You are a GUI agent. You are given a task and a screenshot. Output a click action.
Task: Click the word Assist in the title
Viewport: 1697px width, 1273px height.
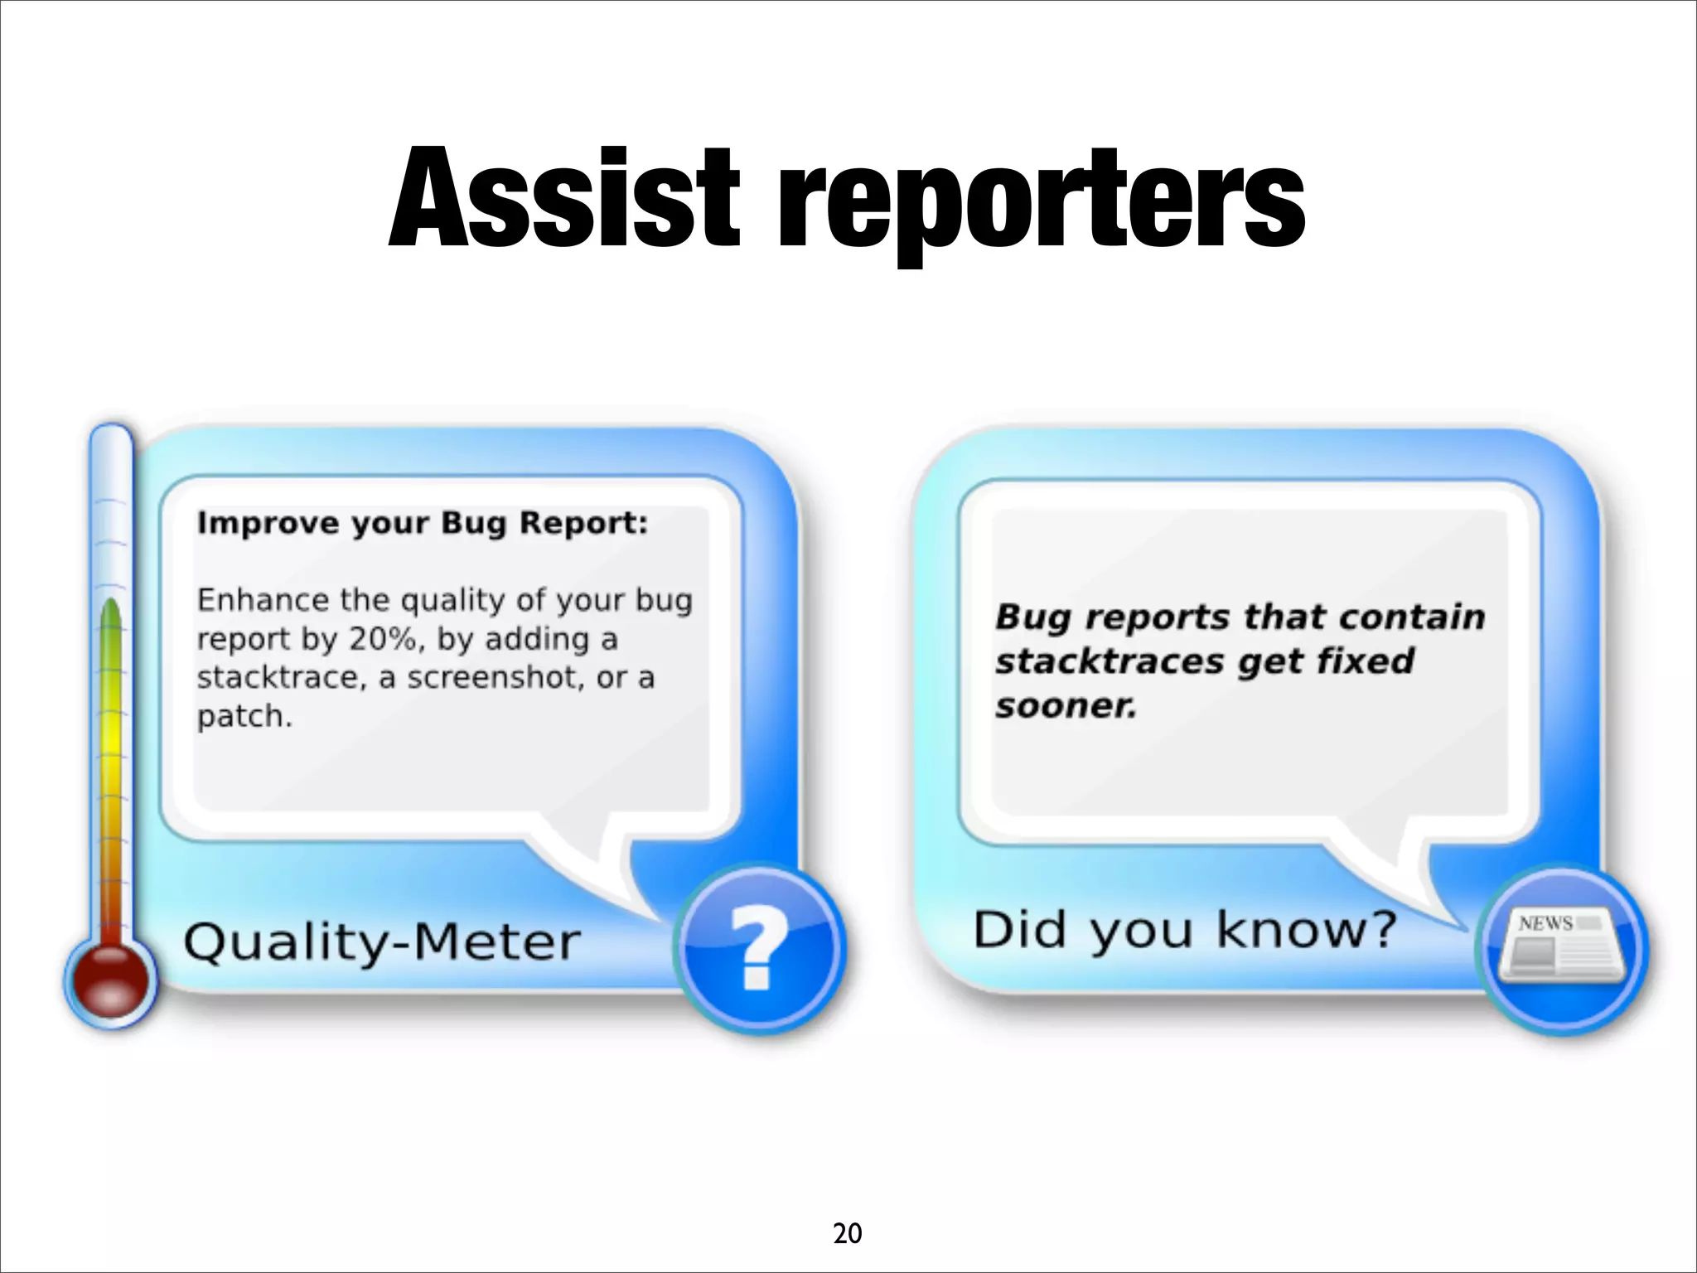tap(563, 199)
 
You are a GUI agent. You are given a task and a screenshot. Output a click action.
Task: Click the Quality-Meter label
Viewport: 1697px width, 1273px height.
tap(381, 943)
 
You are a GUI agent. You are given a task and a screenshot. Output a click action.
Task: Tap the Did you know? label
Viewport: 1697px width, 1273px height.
tap(1185, 931)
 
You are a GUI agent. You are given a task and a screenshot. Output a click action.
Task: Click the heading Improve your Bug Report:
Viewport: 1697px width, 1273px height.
tap(422, 524)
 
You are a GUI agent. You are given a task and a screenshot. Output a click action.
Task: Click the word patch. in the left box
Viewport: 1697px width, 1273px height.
tap(244, 716)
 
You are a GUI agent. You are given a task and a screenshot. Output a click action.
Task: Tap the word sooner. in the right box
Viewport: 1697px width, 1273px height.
tap(1066, 706)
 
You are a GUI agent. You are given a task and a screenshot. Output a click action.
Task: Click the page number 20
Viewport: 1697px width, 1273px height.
tap(847, 1234)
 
